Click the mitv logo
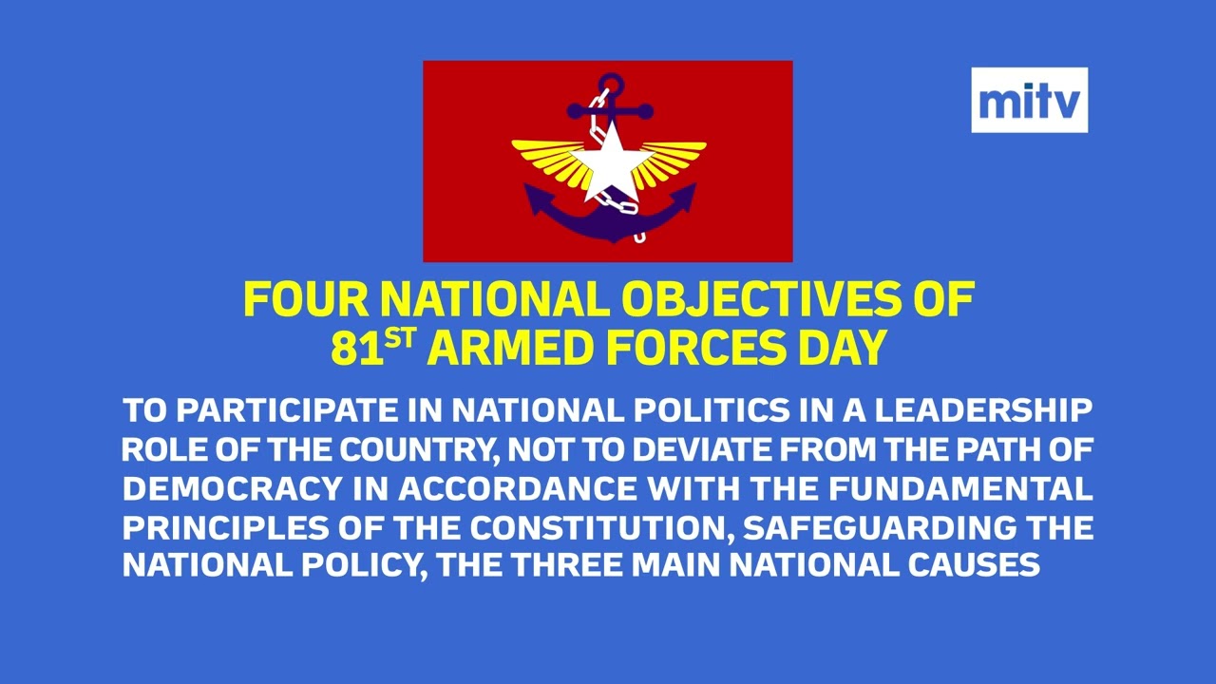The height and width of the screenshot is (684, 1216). tap(1029, 100)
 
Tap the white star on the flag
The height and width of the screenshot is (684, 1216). tap(607, 161)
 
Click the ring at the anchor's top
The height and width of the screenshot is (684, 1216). tap(608, 85)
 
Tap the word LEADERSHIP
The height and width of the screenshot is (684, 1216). tap(983, 411)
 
